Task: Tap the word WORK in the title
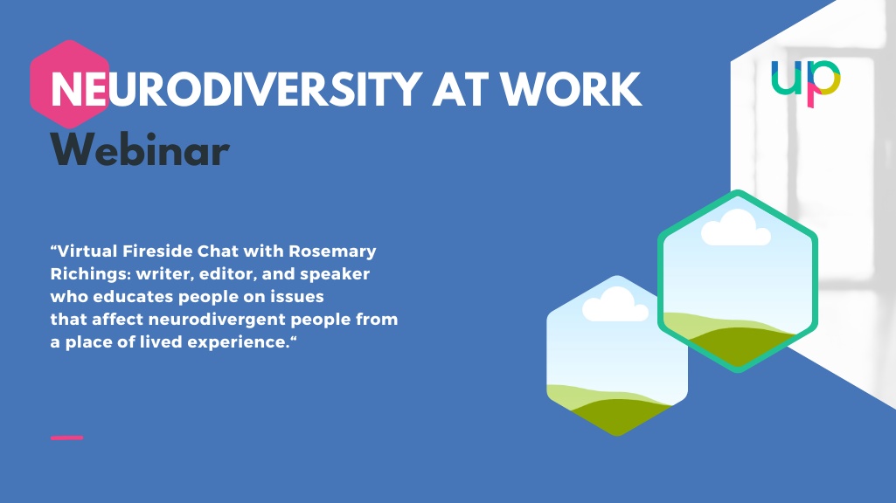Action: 571,90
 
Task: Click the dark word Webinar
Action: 140,149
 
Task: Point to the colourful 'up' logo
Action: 806,83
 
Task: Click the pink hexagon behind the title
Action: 70,85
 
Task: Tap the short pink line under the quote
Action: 66,438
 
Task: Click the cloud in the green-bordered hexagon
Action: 736,228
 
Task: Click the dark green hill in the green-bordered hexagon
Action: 739,346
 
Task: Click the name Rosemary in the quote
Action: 332,251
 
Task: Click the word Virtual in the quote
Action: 87,251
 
